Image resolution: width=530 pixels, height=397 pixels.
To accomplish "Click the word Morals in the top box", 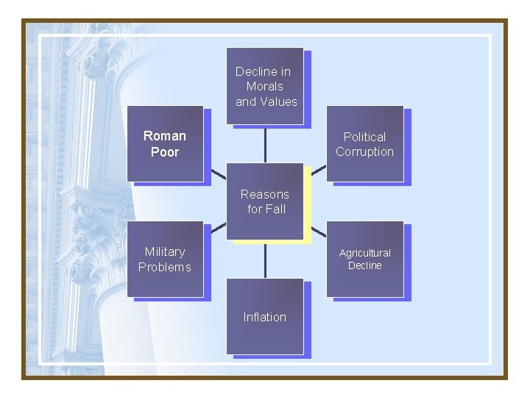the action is (265, 87).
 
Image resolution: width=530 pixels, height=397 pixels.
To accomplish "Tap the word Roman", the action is (165, 136).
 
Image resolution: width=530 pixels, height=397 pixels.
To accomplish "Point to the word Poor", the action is (165, 152).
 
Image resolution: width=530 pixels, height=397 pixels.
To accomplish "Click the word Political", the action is (364, 137).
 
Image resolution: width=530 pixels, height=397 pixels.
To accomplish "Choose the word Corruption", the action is (364, 152).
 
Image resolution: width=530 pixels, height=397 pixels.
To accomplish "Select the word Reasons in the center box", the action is (265, 194).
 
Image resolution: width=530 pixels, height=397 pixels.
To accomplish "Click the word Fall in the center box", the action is (275, 210).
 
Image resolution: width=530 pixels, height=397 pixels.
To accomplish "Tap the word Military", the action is (165, 252).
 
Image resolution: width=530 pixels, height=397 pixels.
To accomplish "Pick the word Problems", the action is (165, 268).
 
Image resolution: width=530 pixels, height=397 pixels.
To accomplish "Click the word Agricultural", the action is (364, 253).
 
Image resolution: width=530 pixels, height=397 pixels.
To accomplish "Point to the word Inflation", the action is (265, 318).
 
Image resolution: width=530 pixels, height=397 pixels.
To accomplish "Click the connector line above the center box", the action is (265, 143).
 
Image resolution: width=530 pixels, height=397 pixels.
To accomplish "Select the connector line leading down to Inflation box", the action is (265, 260).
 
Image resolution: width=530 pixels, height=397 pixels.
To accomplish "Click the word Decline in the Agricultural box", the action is (364, 265).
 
